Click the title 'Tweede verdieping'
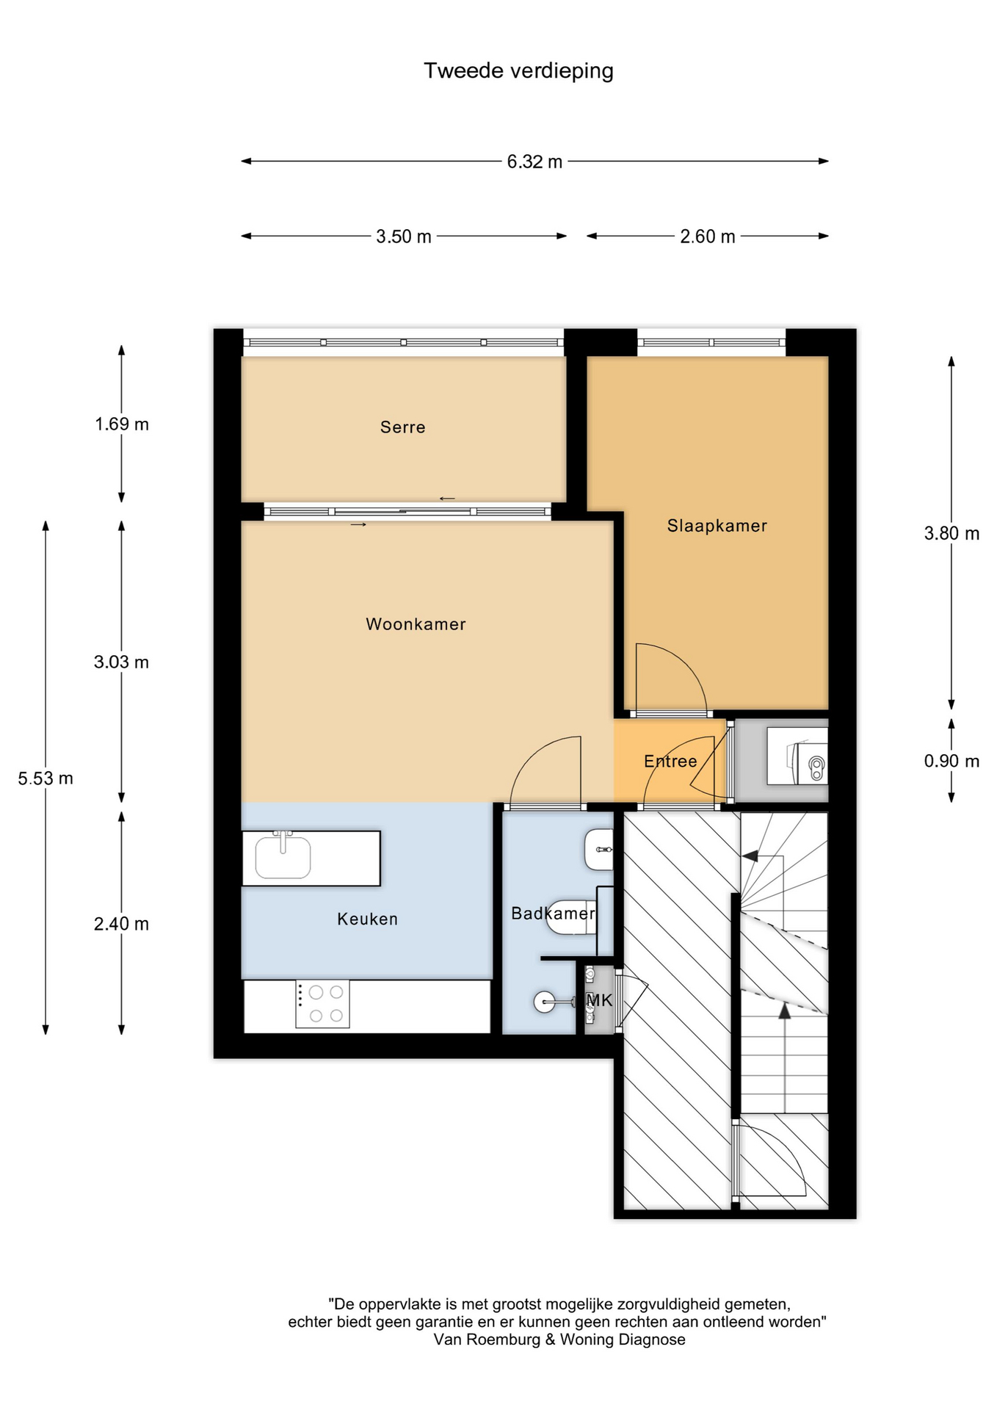pos(518,71)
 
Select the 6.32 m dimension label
pos(534,162)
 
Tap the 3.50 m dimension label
pos(404,236)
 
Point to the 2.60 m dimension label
pos(707,236)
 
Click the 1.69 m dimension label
pos(122,424)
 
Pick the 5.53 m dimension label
pos(46,778)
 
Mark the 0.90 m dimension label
pos(951,761)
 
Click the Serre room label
pos(403,427)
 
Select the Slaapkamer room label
pos(717,526)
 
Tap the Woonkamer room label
pos(416,624)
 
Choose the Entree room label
pos(670,762)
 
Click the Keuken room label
pos(367,919)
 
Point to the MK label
pos(599,1000)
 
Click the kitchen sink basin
pos(283,857)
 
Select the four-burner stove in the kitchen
pos(322,1004)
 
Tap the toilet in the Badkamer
pos(571,917)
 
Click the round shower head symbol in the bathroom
pos(545,1002)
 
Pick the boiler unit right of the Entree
pos(797,756)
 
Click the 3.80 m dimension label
pos(951,534)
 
